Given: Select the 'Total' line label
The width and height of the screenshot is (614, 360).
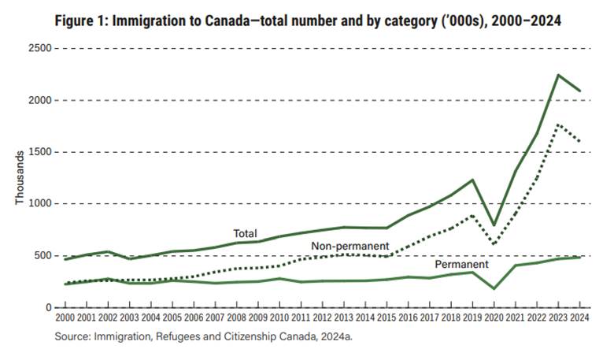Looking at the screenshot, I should [x=245, y=233].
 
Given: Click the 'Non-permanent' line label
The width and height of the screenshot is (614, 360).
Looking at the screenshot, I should [x=350, y=247].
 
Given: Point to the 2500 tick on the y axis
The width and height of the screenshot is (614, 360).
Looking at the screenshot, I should [x=39, y=49].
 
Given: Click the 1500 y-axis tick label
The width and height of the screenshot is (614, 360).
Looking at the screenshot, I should [x=39, y=152].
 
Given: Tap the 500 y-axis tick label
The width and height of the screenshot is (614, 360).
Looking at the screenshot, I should [x=42, y=255].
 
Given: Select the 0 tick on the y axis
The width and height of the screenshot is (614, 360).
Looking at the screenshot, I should [x=47, y=307].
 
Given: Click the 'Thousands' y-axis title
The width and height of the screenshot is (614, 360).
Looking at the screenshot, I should [x=20, y=178].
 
